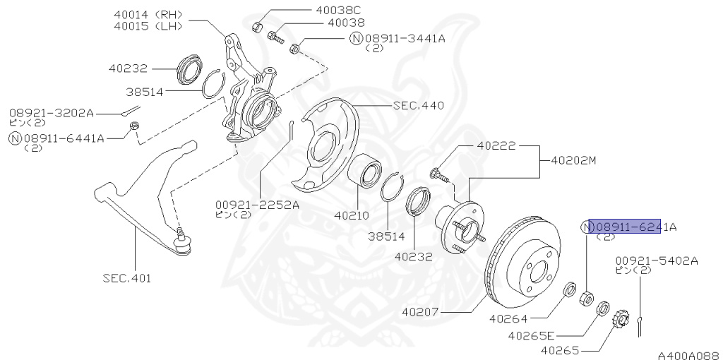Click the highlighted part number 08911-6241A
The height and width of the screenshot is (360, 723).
pos(626,227)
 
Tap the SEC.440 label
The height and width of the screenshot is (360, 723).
pos(419,106)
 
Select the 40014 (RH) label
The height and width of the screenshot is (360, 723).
pos(148,13)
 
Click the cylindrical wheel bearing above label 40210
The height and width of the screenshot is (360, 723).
pos(366,169)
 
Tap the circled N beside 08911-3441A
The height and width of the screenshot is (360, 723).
pos(357,37)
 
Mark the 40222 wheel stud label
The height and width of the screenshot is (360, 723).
pos(496,146)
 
